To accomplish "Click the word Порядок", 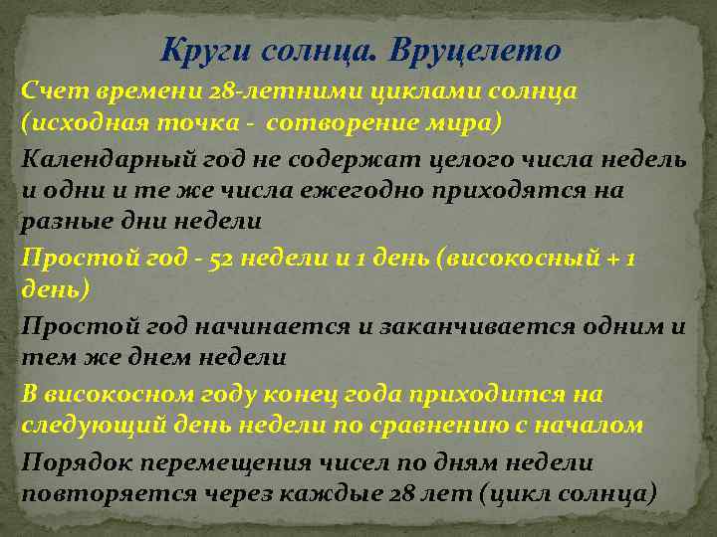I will coord(73,462).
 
